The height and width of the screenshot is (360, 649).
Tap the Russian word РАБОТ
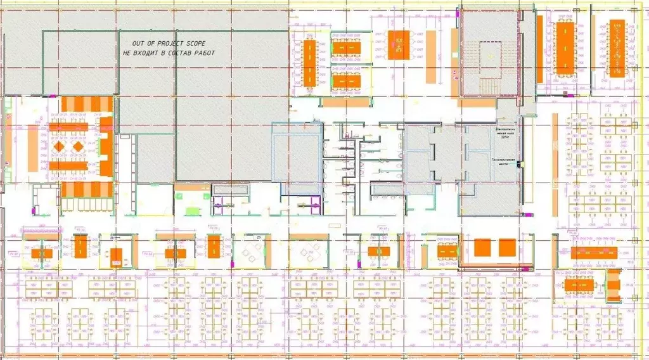(x=205, y=53)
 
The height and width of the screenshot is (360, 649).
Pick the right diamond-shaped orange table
(x=79, y=146)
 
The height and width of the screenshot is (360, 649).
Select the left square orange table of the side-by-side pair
(x=482, y=247)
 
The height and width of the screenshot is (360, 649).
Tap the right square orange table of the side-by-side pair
(x=507, y=247)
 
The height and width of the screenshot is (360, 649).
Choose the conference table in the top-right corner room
(x=615, y=48)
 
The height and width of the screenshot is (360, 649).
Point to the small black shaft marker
(x=518, y=165)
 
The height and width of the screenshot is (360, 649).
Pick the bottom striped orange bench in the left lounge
(x=87, y=190)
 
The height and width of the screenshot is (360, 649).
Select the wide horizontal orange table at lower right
(x=594, y=253)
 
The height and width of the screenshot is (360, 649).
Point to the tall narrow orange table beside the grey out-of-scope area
(x=309, y=63)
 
